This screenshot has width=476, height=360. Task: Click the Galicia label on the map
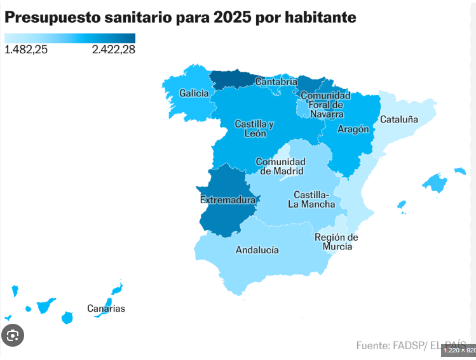point(194,93)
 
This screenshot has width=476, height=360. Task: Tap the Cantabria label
point(276,81)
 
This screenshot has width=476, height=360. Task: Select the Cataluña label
point(399,119)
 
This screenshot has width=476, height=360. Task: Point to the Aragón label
point(353,129)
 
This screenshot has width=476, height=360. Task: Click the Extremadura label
point(228,200)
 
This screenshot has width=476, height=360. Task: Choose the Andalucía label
point(257,250)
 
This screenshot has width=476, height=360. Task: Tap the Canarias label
point(106,309)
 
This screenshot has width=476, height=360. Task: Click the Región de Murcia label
point(336,242)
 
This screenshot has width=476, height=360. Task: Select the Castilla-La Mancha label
point(311,199)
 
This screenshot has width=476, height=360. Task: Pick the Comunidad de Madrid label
point(280,166)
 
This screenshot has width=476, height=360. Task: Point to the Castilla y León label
point(254,128)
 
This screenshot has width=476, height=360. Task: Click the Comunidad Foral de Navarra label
point(325,105)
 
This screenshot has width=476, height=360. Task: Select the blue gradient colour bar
point(70,37)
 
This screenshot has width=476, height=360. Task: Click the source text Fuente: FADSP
point(390,345)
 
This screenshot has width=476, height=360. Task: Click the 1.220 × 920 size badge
point(458,350)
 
